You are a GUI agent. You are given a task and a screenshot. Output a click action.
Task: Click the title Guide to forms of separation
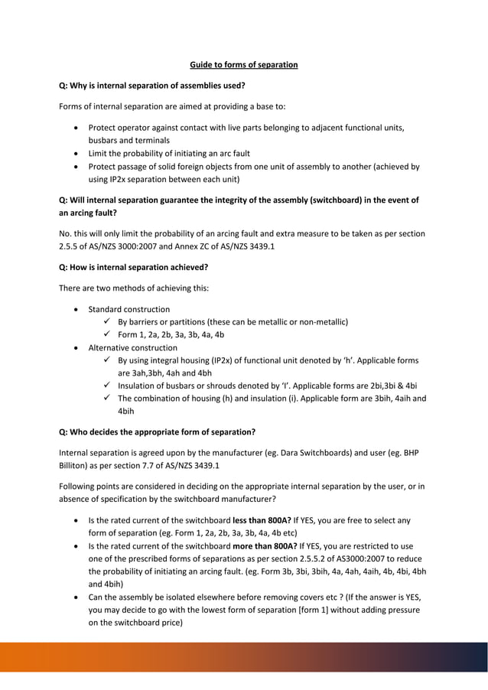(243, 65)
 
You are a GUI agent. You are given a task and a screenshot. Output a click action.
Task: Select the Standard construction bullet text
(129, 309)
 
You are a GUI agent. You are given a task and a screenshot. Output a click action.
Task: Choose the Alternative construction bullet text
(132, 347)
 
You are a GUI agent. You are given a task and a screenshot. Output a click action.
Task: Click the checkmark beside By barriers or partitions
(109, 321)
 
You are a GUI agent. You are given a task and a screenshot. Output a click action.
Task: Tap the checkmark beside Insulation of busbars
(109, 385)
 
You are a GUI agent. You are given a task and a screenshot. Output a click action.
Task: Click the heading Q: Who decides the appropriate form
(157, 431)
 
